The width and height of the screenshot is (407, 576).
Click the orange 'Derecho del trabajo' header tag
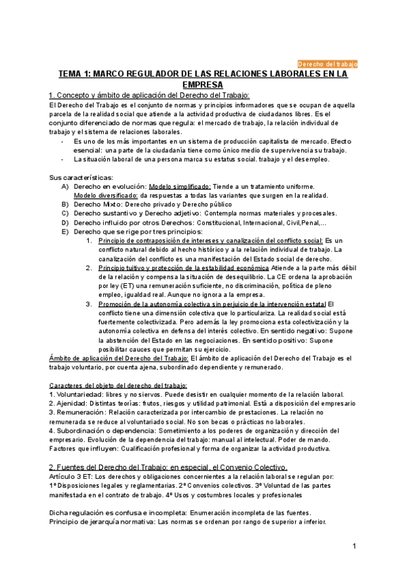[328, 63]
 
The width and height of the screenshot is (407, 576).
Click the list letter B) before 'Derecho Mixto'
[65, 204]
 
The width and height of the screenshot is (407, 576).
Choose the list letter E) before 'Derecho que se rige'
[65, 232]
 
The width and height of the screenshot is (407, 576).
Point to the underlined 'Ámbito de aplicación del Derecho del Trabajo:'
[120, 358]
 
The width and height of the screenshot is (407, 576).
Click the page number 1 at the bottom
[354, 547]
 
